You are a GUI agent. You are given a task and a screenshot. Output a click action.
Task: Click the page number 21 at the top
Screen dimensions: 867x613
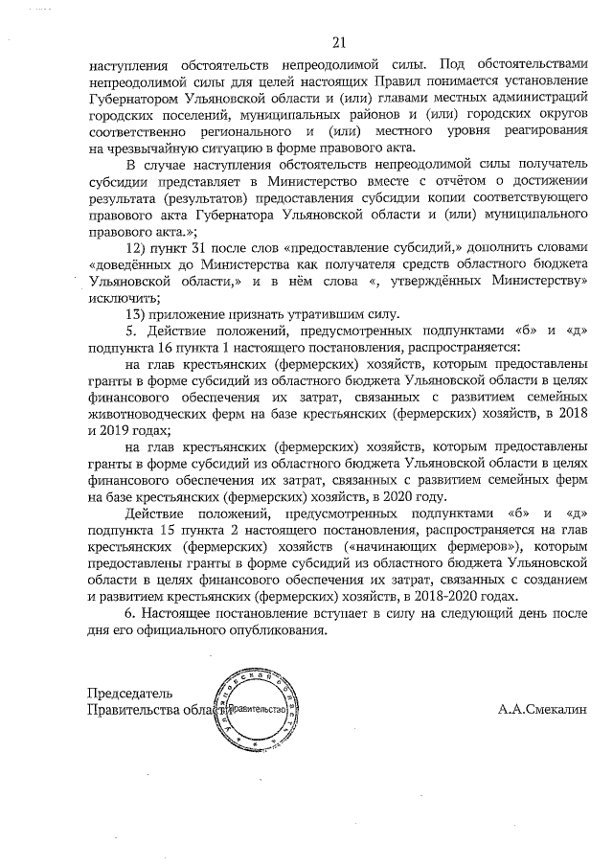pos(337,42)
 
